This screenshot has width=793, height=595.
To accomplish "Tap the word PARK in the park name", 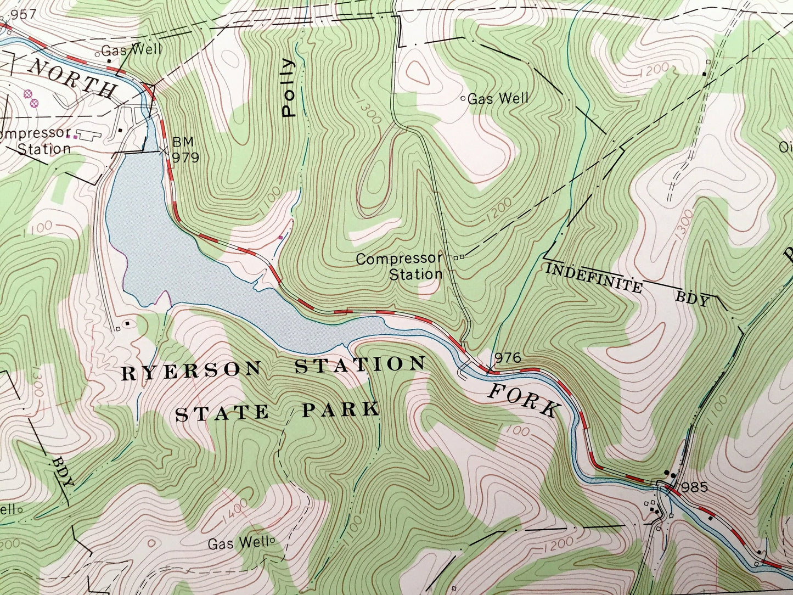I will coord(340,409).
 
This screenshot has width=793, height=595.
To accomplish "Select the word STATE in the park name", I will coord(222,413).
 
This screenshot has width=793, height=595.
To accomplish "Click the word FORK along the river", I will coord(524,401).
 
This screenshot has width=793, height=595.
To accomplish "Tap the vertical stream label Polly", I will coord(288,88).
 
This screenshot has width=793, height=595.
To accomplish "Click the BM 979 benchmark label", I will coord(185,150).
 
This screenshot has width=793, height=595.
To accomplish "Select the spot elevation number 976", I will coord(506,358).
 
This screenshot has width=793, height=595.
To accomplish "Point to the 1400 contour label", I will coord(236,512).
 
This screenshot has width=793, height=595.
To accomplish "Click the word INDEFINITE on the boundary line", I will coord(593,277).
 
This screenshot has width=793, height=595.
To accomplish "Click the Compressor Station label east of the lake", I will coord(400,266).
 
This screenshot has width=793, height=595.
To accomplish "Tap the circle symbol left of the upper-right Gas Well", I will coord(463,99).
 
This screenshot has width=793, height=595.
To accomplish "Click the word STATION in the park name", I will coord(360,365).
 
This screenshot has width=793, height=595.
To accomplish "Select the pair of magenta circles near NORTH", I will coord(30,98).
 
